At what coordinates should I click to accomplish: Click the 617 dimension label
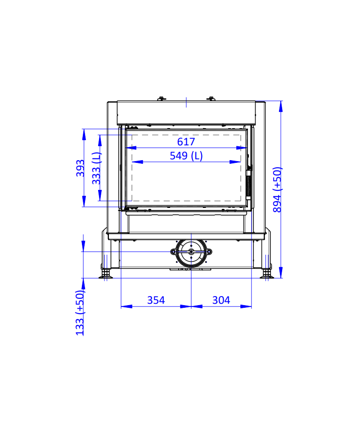coord(186,142)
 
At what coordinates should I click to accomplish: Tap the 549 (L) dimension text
coord(186,156)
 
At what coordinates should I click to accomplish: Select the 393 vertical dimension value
coord(80,168)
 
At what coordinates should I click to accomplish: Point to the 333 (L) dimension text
coord(96,168)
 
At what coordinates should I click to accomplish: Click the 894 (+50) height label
coord(277,189)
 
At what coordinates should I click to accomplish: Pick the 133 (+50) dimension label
coord(80,313)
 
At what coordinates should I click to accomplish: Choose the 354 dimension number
coord(156,300)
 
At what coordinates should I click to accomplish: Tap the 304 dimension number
coord(221,300)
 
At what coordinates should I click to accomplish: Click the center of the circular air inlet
coord(191,252)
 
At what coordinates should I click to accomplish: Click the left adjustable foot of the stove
coord(105,274)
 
